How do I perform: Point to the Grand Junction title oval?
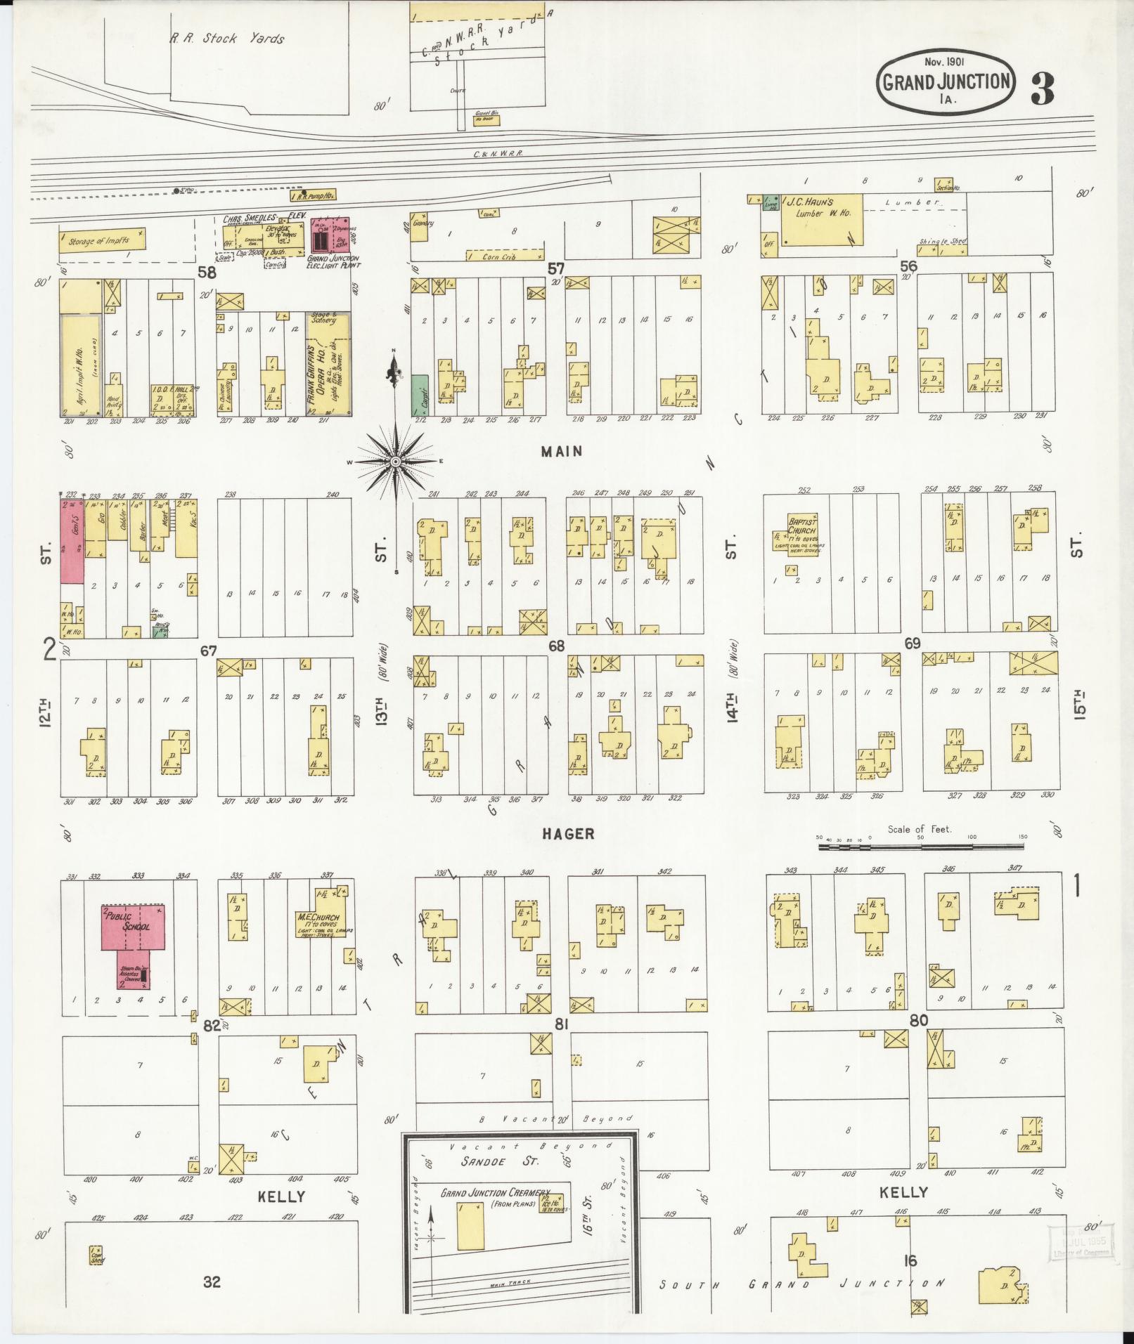pyautogui.click(x=946, y=82)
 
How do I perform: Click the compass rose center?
pyautogui.click(x=395, y=462)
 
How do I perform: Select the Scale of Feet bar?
pyautogui.click(x=921, y=847)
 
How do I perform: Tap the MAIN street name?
pyautogui.click(x=562, y=452)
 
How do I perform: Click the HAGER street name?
pyautogui.click(x=568, y=833)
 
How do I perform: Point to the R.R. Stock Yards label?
pyautogui.click(x=227, y=39)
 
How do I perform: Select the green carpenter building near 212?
pyautogui.click(x=419, y=395)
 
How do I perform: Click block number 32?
pyautogui.click(x=212, y=1282)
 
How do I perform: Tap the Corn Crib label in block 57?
pyautogui.click(x=501, y=258)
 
